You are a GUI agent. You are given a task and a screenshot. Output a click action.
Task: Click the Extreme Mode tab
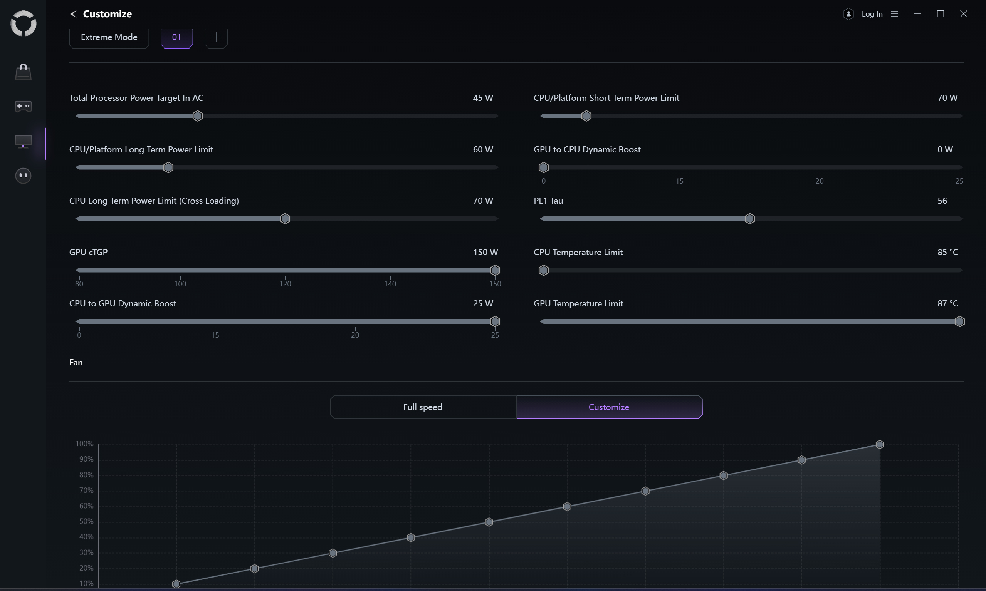pyautogui.click(x=109, y=37)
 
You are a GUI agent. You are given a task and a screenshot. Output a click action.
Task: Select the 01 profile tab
pyautogui.click(x=176, y=37)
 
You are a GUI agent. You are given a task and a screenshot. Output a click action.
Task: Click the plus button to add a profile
pyautogui.click(x=216, y=37)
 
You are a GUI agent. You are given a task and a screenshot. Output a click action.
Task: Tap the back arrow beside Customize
pyautogui.click(x=73, y=14)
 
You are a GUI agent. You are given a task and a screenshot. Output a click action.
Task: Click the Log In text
pyautogui.click(x=872, y=14)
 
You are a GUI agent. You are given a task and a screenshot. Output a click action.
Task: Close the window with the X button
pyautogui.click(x=964, y=14)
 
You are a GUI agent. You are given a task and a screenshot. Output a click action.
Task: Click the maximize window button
pyautogui.click(x=941, y=14)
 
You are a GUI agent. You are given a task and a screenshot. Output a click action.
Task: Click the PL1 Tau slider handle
pyautogui.click(x=750, y=219)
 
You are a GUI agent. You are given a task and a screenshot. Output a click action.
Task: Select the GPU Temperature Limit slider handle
pyautogui.click(x=960, y=321)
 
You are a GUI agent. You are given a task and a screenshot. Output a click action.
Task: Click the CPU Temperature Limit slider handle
pyautogui.click(x=544, y=270)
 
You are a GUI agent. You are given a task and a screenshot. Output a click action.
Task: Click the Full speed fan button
pyautogui.click(x=423, y=407)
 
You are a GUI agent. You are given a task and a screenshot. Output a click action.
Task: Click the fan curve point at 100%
pyautogui.click(x=880, y=444)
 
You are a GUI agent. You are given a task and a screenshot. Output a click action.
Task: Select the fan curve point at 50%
pyautogui.click(x=489, y=522)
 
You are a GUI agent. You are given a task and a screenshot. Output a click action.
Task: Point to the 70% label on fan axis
pyautogui.click(x=86, y=491)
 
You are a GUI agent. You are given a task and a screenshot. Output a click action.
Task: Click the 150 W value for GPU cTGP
pyautogui.click(x=485, y=253)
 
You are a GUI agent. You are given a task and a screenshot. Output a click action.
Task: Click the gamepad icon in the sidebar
pyautogui.click(x=23, y=106)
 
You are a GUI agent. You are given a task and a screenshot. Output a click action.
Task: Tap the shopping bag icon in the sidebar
pyautogui.click(x=23, y=72)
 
